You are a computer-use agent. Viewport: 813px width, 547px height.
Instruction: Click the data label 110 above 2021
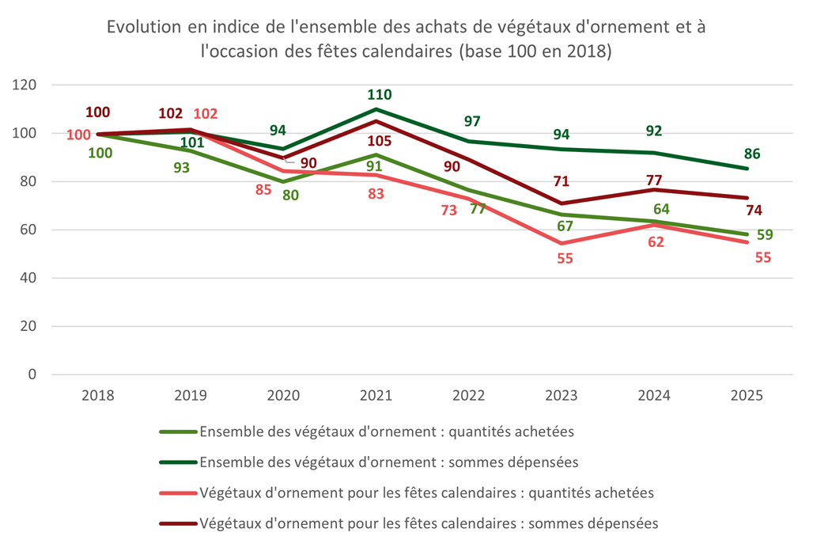tap(379, 95)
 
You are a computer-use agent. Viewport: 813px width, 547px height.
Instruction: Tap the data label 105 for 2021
tap(379, 141)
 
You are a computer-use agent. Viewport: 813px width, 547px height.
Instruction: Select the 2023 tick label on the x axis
tap(562, 396)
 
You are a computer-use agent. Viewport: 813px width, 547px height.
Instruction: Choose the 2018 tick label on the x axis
tap(98, 396)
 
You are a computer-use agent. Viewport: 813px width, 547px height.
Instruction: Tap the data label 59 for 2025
tap(764, 235)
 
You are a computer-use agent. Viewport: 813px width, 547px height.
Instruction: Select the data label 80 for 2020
tap(290, 195)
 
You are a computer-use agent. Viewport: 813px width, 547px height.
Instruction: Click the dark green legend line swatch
tap(178, 462)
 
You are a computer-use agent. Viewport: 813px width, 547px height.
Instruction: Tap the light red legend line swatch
tap(178, 493)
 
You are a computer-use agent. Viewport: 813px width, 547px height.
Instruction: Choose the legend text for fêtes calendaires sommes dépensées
tap(429, 523)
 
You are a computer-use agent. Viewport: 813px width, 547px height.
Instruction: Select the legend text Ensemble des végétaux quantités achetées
tap(387, 432)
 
